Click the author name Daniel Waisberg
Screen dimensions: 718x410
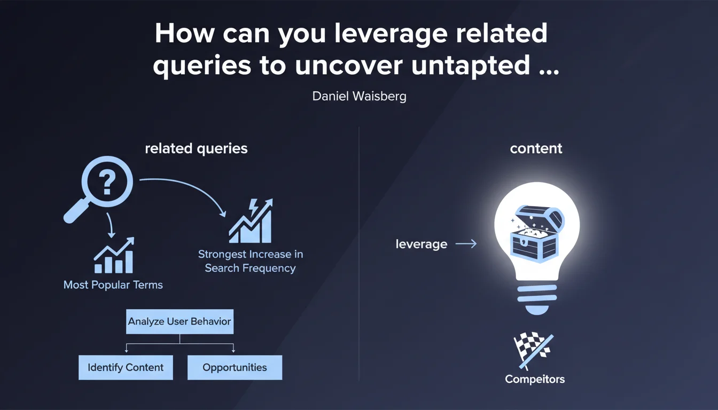tap(359, 96)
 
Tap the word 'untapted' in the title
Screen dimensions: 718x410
tap(470, 66)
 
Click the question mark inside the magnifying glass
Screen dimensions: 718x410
tap(107, 182)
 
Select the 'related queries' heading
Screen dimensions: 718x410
tap(196, 148)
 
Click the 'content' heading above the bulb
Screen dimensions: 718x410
tap(536, 148)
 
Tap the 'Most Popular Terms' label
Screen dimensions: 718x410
tap(113, 285)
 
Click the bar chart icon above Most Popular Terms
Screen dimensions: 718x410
tap(114, 255)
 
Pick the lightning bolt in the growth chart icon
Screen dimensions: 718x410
tap(254, 207)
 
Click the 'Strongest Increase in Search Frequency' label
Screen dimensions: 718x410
tap(251, 261)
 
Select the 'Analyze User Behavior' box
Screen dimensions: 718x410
tap(179, 321)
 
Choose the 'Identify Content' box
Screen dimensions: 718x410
tap(126, 367)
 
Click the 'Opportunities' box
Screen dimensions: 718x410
tap(235, 367)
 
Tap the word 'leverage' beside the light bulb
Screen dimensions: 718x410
tap(421, 244)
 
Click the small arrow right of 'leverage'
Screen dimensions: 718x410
tap(466, 244)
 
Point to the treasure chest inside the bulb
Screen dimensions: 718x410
tap(537, 234)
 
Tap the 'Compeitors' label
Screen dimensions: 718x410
tap(535, 379)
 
